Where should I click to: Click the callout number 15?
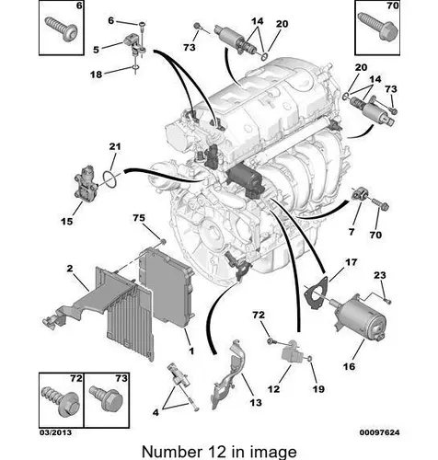point(67,221)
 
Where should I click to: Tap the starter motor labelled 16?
point(361,319)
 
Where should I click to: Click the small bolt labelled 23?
point(388,301)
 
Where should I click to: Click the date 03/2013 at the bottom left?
point(55,432)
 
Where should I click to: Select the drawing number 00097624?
point(379,432)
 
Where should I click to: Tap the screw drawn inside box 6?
point(61,29)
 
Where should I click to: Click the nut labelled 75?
point(163,242)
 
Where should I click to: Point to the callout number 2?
point(70,269)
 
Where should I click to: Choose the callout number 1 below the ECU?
point(191,351)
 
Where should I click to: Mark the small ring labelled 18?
point(135,67)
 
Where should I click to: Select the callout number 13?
point(256,402)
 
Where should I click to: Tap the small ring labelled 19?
point(309,358)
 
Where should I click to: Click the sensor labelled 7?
point(360,194)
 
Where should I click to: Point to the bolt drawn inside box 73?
point(106,398)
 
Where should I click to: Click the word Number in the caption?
point(171,452)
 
